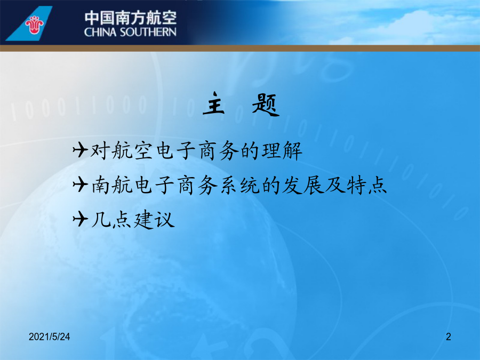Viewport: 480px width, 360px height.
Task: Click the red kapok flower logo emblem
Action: pyautogui.click(x=34, y=25)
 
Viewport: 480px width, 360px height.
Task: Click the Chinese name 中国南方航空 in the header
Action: pyautogui.click(x=131, y=18)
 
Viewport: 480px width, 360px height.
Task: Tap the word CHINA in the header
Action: pyautogui.click(x=100, y=32)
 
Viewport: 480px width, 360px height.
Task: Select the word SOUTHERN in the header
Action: pyautogui.click(x=148, y=32)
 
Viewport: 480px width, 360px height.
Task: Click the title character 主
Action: pyautogui.click(x=214, y=104)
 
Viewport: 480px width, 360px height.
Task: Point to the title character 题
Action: pyautogui.click(x=266, y=105)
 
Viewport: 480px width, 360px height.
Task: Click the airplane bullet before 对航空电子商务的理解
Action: pyautogui.click(x=81, y=150)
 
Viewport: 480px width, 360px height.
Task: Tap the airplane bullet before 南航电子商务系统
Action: pyautogui.click(x=81, y=185)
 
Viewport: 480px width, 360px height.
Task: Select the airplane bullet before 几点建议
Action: pyautogui.click(x=81, y=219)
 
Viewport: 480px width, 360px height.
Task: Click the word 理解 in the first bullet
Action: pyautogui.click(x=282, y=150)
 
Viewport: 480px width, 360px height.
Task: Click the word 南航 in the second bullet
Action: pyautogui.click(x=112, y=185)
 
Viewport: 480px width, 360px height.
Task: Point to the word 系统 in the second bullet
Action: pyautogui.click(x=239, y=185)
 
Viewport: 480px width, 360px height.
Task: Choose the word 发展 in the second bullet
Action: pyautogui.click(x=303, y=185)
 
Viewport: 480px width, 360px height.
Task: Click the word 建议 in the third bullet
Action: pyautogui.click(x=154, y=219)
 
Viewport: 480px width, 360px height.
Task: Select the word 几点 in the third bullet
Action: pyautogui.click(x=111, y=220)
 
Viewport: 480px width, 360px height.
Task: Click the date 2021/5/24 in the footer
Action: pyautogui.click(x=49, y=337)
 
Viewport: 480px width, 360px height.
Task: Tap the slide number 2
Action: pyautogui.click(x=449, y=337)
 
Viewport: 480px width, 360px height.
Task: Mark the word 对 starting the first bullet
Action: pyautogui.click(x=100, y=150)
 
